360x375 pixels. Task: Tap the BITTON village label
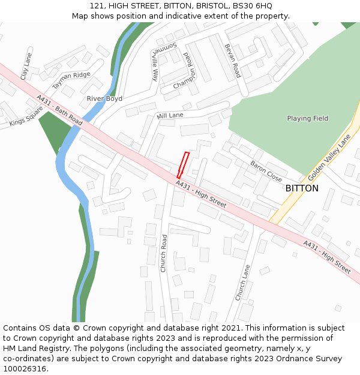302,188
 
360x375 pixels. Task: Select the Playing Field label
307,119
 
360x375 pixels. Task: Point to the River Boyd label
104,98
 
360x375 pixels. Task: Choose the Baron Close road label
266,172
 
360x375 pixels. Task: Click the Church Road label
163,253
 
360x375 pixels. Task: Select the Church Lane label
242,283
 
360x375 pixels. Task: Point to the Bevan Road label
232,61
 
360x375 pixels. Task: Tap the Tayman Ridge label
71,80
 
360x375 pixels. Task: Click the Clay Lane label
25,66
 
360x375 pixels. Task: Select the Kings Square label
26,116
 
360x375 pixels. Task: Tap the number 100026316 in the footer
25,369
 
